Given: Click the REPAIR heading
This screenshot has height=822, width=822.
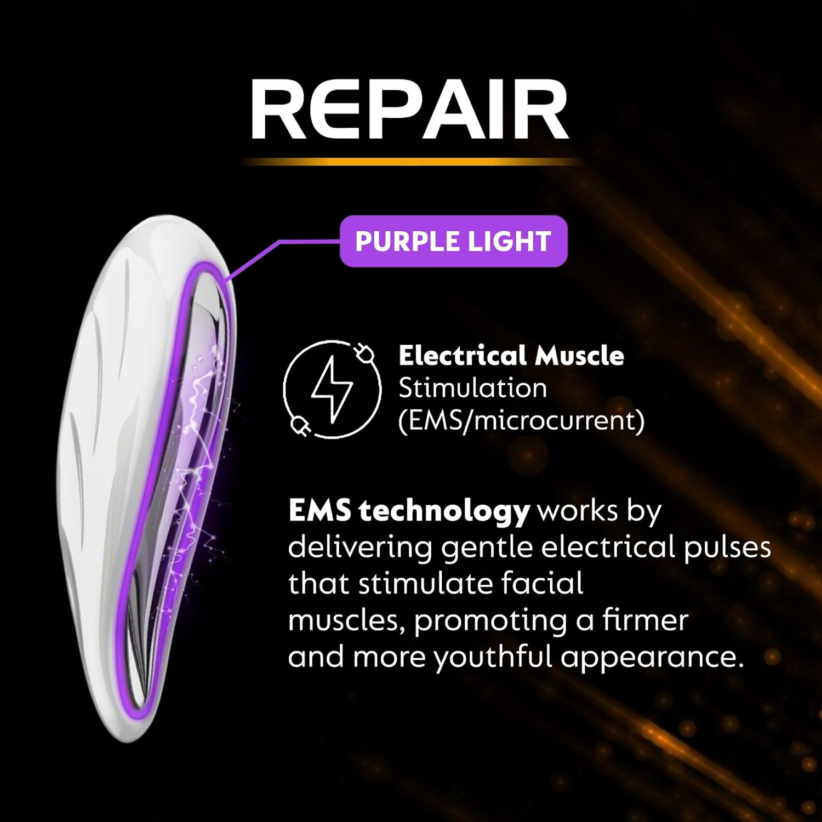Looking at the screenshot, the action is tap(409, 109).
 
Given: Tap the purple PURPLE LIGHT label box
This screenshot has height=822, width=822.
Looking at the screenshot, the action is tap(453, 241).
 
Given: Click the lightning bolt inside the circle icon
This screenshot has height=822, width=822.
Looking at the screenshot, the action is tap(332, 390).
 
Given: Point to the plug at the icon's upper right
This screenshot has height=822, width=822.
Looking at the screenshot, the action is tap(363, 353).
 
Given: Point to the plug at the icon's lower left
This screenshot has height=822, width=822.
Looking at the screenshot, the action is tap(299, 425).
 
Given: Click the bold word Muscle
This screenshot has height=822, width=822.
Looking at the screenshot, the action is tap(579, 356).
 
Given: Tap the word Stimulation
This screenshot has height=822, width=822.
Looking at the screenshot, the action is tap(472, 389).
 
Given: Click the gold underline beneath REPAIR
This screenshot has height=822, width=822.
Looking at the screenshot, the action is tap(409, 162).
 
